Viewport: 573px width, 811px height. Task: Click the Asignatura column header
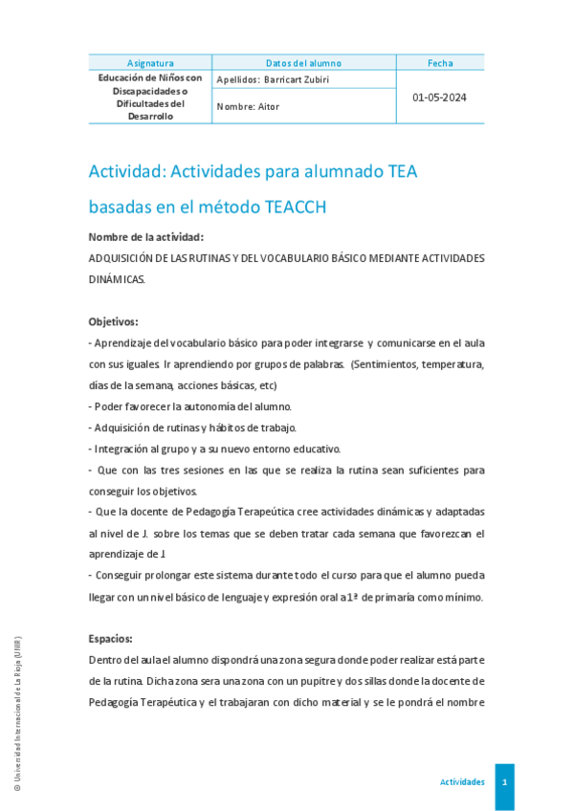pyautogui.click(x=150, y=63)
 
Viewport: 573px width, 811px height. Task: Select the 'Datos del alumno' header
pyautogui.click(x=303, y=63)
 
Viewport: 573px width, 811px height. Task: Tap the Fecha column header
pyautogui.click(x=440, y=63)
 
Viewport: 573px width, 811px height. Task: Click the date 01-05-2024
pyautogui.click(x=439, y=98)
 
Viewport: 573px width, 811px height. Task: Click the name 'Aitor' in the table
pyautogui.click(x=268, y=107)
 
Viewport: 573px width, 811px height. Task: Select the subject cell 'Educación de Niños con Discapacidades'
pyautogui.click(x=150, y=97)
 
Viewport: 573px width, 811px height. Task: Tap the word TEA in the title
pyautogui.click(x=396, y=171)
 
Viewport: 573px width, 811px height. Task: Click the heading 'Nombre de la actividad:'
pyautogui.click(x=145, y=237)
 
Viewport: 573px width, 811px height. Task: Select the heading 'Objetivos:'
pyautogui.click(x=113, y=322)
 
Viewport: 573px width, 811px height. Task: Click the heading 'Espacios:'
pyautogui.click(x=110, y=638)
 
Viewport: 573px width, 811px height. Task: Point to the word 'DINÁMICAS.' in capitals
pyautogui.click(x=117, y=279)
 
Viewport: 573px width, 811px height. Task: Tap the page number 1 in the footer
pyautogui.click(x=504, y=782)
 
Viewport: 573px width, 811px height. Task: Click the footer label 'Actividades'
pyautogui.click(x=462, y=782)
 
